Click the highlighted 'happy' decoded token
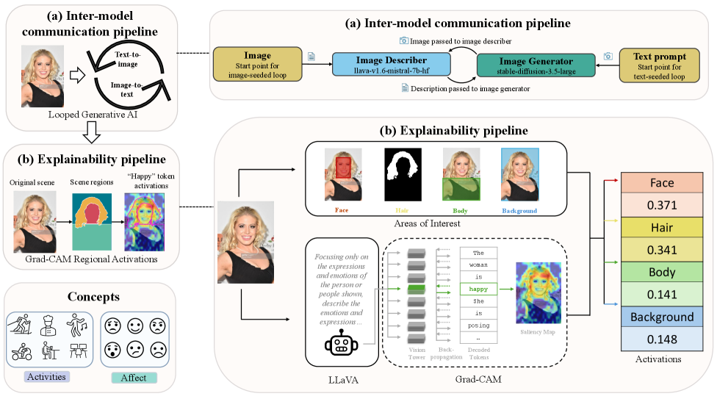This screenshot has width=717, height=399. tap(479, 289)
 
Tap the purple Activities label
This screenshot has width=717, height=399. tap(48, 377)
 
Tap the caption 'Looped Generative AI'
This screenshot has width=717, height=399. tap(89, 115)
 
